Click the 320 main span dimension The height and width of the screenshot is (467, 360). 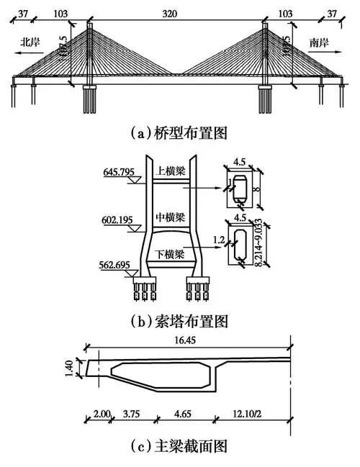point(179,14)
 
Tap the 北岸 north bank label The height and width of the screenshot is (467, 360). point(30,41)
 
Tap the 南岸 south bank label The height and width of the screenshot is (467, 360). point(321,41)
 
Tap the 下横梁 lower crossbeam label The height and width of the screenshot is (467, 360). point(171,254)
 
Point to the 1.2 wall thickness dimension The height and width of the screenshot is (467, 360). point(217,235)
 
